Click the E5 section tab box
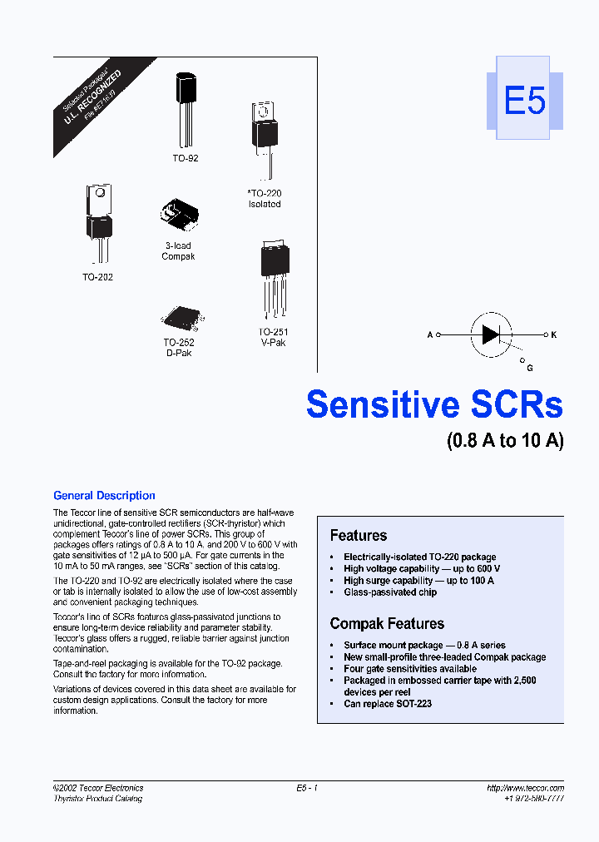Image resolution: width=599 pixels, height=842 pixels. point(524,102)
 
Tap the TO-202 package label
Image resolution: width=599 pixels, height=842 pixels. point(97,277)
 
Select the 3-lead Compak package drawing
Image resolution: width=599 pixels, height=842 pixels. point(179,215)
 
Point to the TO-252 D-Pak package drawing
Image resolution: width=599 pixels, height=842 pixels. point(178,317)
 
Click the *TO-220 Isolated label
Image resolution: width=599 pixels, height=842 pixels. point(265,199)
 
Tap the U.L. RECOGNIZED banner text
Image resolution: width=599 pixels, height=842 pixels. point(92,98)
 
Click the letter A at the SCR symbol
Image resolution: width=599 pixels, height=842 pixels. point(430,334)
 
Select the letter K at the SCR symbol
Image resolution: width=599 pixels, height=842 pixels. point(553,334)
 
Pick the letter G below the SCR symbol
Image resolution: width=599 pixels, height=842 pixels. point(530,368)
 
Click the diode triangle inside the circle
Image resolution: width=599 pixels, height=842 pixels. point(491,334)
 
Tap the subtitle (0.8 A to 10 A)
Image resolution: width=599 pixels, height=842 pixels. point(505,441)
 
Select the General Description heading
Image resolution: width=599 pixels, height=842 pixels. point(104,496)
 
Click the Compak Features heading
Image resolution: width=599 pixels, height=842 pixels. point(387,623)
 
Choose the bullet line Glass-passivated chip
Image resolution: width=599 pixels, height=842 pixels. point(390,592)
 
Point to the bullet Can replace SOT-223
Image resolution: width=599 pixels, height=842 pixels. point(388,704)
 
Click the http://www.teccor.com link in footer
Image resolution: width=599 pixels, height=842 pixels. point(525,788)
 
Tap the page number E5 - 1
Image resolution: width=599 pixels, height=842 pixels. point(307,788)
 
